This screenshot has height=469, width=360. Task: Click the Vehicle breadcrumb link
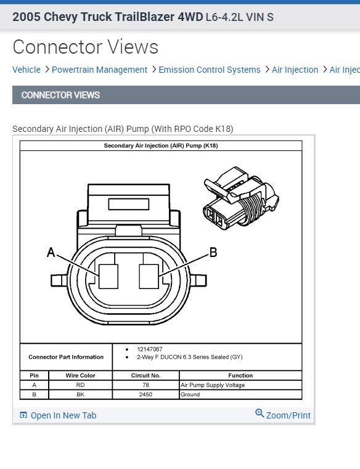[27, 70]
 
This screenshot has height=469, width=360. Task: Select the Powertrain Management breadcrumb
[99, 70]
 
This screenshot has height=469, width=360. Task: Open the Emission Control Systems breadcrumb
[210, 70]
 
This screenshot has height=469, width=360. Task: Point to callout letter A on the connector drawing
[51, 252]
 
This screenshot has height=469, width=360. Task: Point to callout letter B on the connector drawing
[213, 252]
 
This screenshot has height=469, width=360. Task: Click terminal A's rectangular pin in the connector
[108, 276]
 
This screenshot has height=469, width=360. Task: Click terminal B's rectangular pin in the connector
[149, 276]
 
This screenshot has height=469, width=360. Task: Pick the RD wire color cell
[81, 385]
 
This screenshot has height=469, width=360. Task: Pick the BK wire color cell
[81, 394]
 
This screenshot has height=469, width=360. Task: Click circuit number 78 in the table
[145, 385]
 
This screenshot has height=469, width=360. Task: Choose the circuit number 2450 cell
[145, 394]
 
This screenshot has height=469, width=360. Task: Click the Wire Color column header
[81, 375]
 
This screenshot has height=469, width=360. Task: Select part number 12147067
[150, 349]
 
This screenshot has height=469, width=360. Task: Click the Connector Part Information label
[66, 357]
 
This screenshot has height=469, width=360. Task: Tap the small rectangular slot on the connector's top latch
[129, 204]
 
